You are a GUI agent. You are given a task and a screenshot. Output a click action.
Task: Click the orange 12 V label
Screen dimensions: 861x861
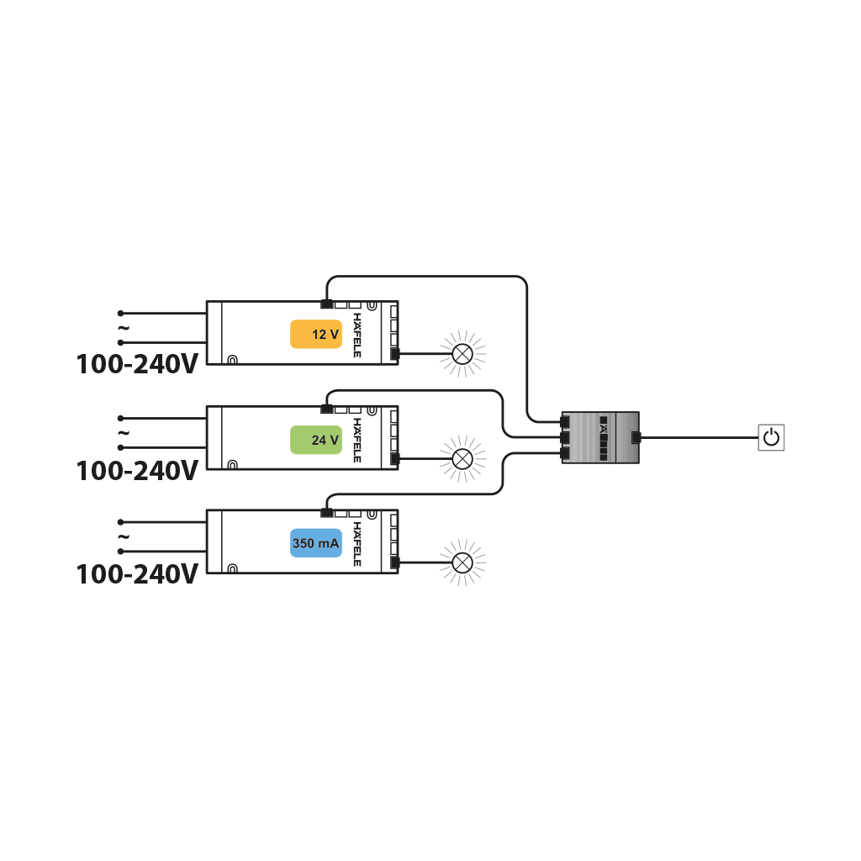(316, 334)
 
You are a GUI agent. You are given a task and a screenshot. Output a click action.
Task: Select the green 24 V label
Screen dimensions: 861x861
(316, 440)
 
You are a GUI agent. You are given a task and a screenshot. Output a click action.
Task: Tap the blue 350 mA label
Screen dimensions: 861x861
(316, 543)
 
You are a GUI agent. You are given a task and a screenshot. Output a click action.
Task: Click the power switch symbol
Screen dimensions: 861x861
(771, 437)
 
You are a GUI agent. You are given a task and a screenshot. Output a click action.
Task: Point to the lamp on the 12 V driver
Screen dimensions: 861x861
(462, 354)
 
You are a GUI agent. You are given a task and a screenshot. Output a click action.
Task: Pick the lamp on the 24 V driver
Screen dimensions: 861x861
(462, 458)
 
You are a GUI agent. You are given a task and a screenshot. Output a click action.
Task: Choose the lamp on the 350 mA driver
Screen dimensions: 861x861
(462, 563)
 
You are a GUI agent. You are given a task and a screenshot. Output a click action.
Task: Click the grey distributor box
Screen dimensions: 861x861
(600, 437)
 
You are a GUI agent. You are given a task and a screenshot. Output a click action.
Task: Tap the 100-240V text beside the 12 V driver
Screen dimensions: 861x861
(137, 364)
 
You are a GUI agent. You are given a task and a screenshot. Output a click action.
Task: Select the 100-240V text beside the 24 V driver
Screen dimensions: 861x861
(137, 471)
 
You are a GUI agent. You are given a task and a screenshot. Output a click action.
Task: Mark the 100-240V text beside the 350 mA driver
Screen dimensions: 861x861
(137, 574)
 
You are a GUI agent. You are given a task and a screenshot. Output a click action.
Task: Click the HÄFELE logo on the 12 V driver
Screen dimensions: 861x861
(357, 335)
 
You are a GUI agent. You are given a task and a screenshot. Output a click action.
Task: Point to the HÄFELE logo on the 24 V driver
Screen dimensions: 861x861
(357, 440)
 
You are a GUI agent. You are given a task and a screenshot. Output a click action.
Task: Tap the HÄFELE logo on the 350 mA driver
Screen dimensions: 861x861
(357, 544)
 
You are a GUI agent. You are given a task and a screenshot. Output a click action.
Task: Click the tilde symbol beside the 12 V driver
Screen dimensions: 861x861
(124, 328)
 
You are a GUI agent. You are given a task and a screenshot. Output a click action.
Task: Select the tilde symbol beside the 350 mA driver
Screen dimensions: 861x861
(124, 536)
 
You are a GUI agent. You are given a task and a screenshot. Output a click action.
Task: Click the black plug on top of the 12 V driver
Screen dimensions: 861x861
(327, 304)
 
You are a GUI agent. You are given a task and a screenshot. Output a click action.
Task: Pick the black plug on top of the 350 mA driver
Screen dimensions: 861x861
(327, 513)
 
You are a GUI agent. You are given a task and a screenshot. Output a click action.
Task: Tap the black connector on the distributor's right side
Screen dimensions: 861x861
(637, 437)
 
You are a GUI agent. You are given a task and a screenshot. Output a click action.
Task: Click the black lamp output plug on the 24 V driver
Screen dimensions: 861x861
(394, 459)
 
